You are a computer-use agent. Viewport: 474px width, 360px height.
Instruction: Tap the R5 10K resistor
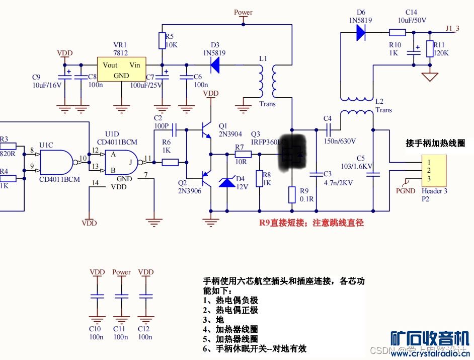[162, 41]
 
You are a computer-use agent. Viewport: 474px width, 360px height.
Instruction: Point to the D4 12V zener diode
[226, 181]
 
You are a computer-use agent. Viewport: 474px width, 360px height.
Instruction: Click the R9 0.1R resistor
[292, 195]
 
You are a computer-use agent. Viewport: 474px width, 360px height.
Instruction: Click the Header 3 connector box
[434, 171]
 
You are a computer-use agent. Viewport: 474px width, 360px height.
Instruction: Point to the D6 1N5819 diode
[361, 33]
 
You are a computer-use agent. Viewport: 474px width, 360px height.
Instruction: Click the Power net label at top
[244, 12]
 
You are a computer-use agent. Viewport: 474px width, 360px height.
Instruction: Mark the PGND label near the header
[406, 191]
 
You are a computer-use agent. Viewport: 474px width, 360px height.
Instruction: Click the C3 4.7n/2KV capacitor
[317, 175]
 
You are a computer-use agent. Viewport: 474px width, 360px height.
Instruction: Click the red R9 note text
[311, 223]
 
